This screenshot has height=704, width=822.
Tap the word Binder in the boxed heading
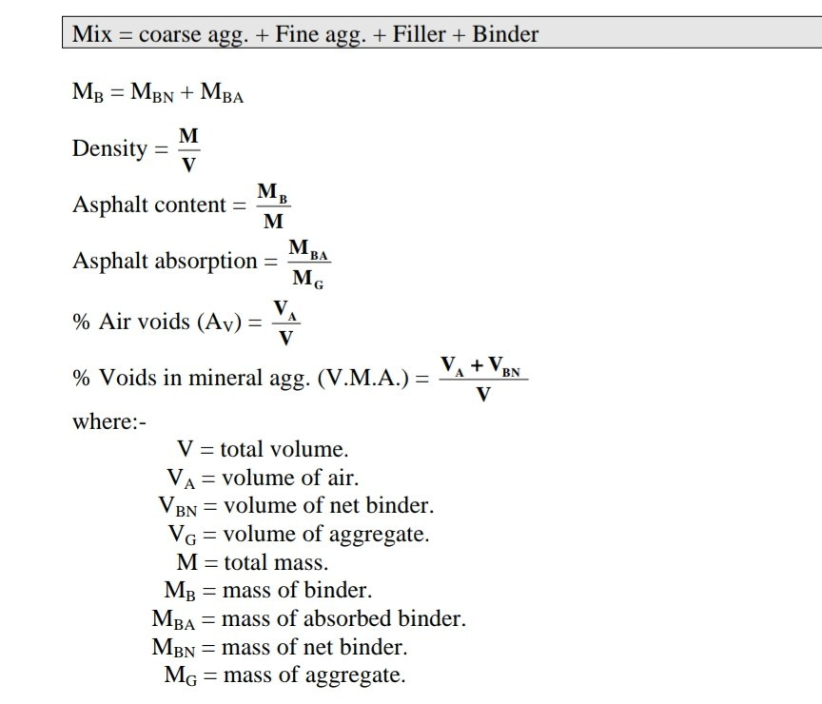pyautogui.click(x=505, y=35)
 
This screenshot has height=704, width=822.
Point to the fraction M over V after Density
pyautogui.click(x=189, y=148)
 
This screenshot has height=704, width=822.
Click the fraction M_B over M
pyautogui.click(x=273, y=205)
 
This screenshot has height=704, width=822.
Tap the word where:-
pyautogui.click(x=109, y=420)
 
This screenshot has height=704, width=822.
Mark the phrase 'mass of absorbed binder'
pyautogui.click(x=343, y=619)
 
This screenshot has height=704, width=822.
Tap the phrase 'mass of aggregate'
pyautogui.click(x=313, y=676)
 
